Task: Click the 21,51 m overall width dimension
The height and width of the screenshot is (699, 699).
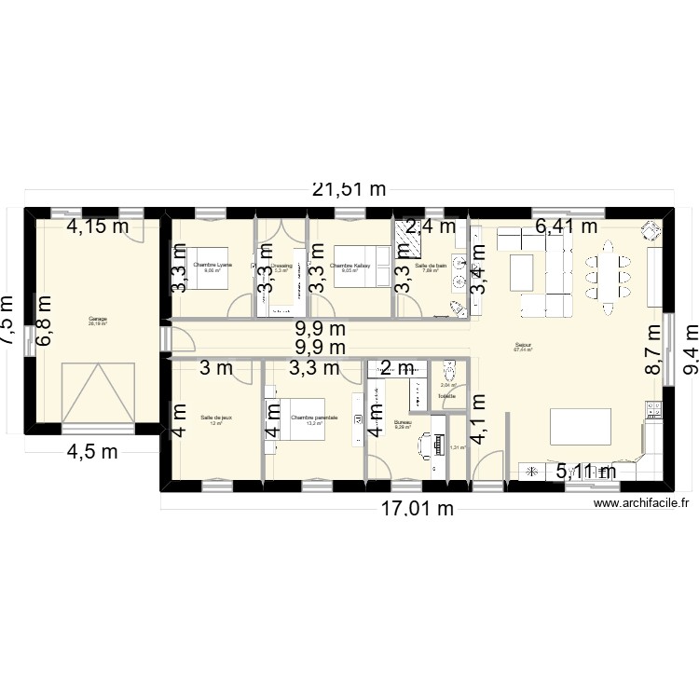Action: click(x=349, y=189)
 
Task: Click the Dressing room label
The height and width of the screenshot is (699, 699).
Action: click(x=281, y=267)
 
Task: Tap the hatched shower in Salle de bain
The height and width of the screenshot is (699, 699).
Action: click(x=408, y=240)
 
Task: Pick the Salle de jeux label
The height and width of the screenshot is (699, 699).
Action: click(x=215, y=418)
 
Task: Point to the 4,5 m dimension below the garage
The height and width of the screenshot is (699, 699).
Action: click(x=90, y=453)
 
